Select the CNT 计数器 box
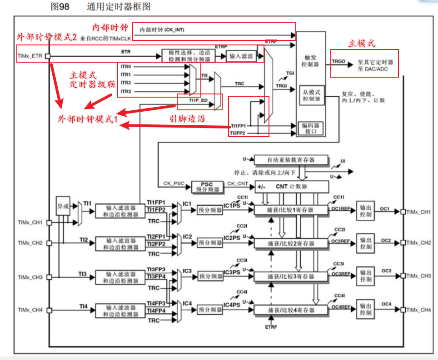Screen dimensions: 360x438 (x=292, y=186)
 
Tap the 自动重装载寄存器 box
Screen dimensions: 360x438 (x=291, y=160)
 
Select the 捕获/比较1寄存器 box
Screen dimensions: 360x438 (x=291, y=210)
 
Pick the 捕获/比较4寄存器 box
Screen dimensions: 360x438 (x=291, y=310)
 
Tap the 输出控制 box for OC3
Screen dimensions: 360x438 (x=366, y=276)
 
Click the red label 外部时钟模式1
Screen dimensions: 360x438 (x=88, y=119)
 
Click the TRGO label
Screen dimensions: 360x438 (x=338, y=61)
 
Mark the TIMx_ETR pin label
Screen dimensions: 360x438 (x=30, y=57)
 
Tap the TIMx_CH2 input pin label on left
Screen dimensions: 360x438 (x=30, y=243)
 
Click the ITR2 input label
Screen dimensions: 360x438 (x=126, y=83)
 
